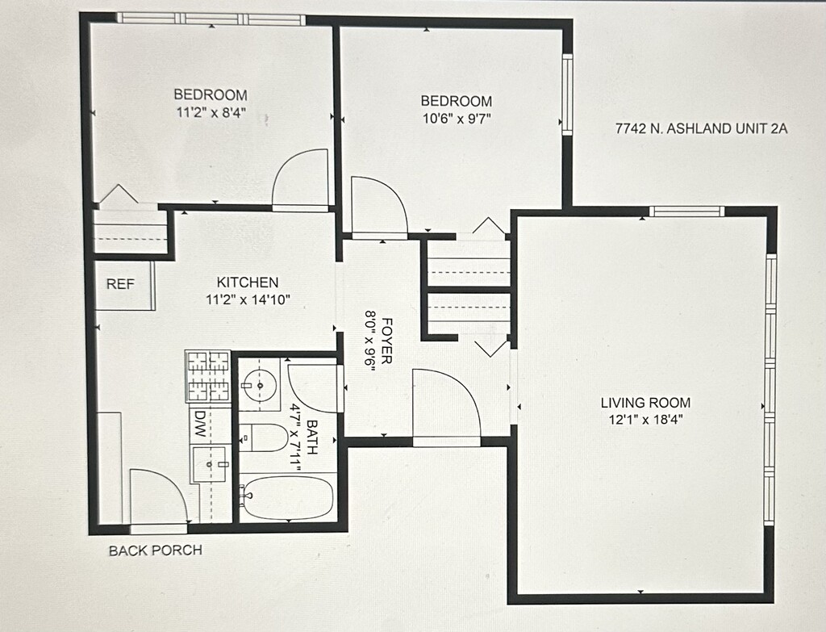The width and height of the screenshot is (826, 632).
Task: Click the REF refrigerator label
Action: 121,284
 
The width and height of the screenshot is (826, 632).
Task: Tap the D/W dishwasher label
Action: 200,425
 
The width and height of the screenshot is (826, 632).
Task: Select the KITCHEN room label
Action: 248,282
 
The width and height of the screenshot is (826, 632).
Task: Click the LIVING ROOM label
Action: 645,403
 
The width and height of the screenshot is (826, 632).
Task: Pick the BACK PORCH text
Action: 156,550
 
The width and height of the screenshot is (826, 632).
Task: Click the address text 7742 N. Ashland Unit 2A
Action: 701,128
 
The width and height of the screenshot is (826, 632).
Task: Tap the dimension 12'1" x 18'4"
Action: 646,420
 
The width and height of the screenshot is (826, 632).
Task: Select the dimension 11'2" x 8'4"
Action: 211,111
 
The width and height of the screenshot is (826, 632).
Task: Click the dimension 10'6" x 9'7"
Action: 457,118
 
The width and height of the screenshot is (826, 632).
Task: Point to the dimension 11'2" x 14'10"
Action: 248,300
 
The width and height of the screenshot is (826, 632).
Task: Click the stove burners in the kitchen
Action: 208,376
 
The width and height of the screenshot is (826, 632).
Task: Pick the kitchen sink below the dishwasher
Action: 211,464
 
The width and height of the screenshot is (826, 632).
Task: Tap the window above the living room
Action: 686,211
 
